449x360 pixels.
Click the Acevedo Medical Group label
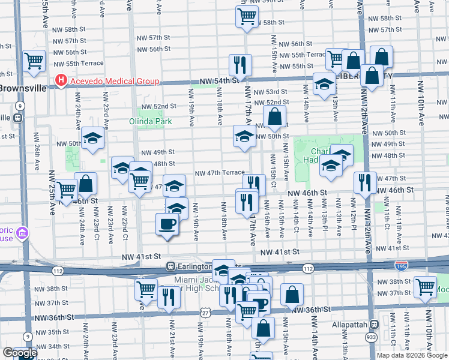point(115,82)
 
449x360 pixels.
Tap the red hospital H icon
point(61,80)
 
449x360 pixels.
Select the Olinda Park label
point(151,121)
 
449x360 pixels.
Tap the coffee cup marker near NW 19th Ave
point(167,224)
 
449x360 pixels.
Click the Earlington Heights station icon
point(171,266)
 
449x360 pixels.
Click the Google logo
point(20,353)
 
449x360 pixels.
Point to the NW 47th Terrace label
point(219,173)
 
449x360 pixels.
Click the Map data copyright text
point(412,355)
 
